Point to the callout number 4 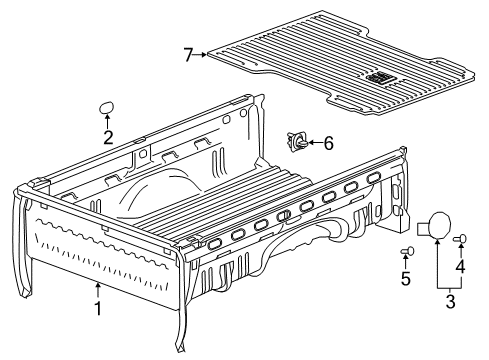[461, 267]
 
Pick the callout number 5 [405, 280]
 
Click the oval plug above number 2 [107, 107]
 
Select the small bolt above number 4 [461, 239]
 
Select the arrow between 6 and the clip [312, 143]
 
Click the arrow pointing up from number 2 [107, 124]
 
